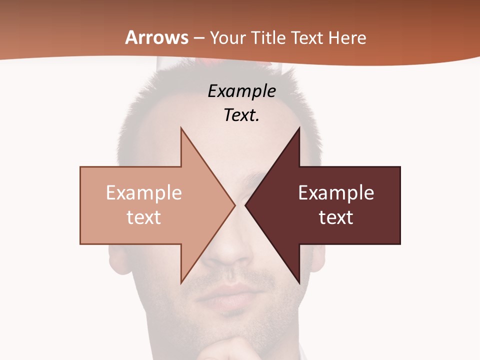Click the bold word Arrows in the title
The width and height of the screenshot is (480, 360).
pyautogui.click(x=157, y=37)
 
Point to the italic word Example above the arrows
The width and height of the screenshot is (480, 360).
pyautogui.click(x=241, y=91)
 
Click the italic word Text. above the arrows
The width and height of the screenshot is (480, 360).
pyautogui.click(x=241, y=115)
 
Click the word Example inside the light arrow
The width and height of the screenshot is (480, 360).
pyautogui.click(x=143, y=193)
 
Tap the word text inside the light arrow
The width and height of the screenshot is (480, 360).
pyautogui.click(x=143, y=217)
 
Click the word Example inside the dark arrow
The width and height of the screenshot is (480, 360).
pyautogui.click(x=336, y=193)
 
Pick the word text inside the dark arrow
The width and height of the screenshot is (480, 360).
pyautogui.click(x=336, y=217)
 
